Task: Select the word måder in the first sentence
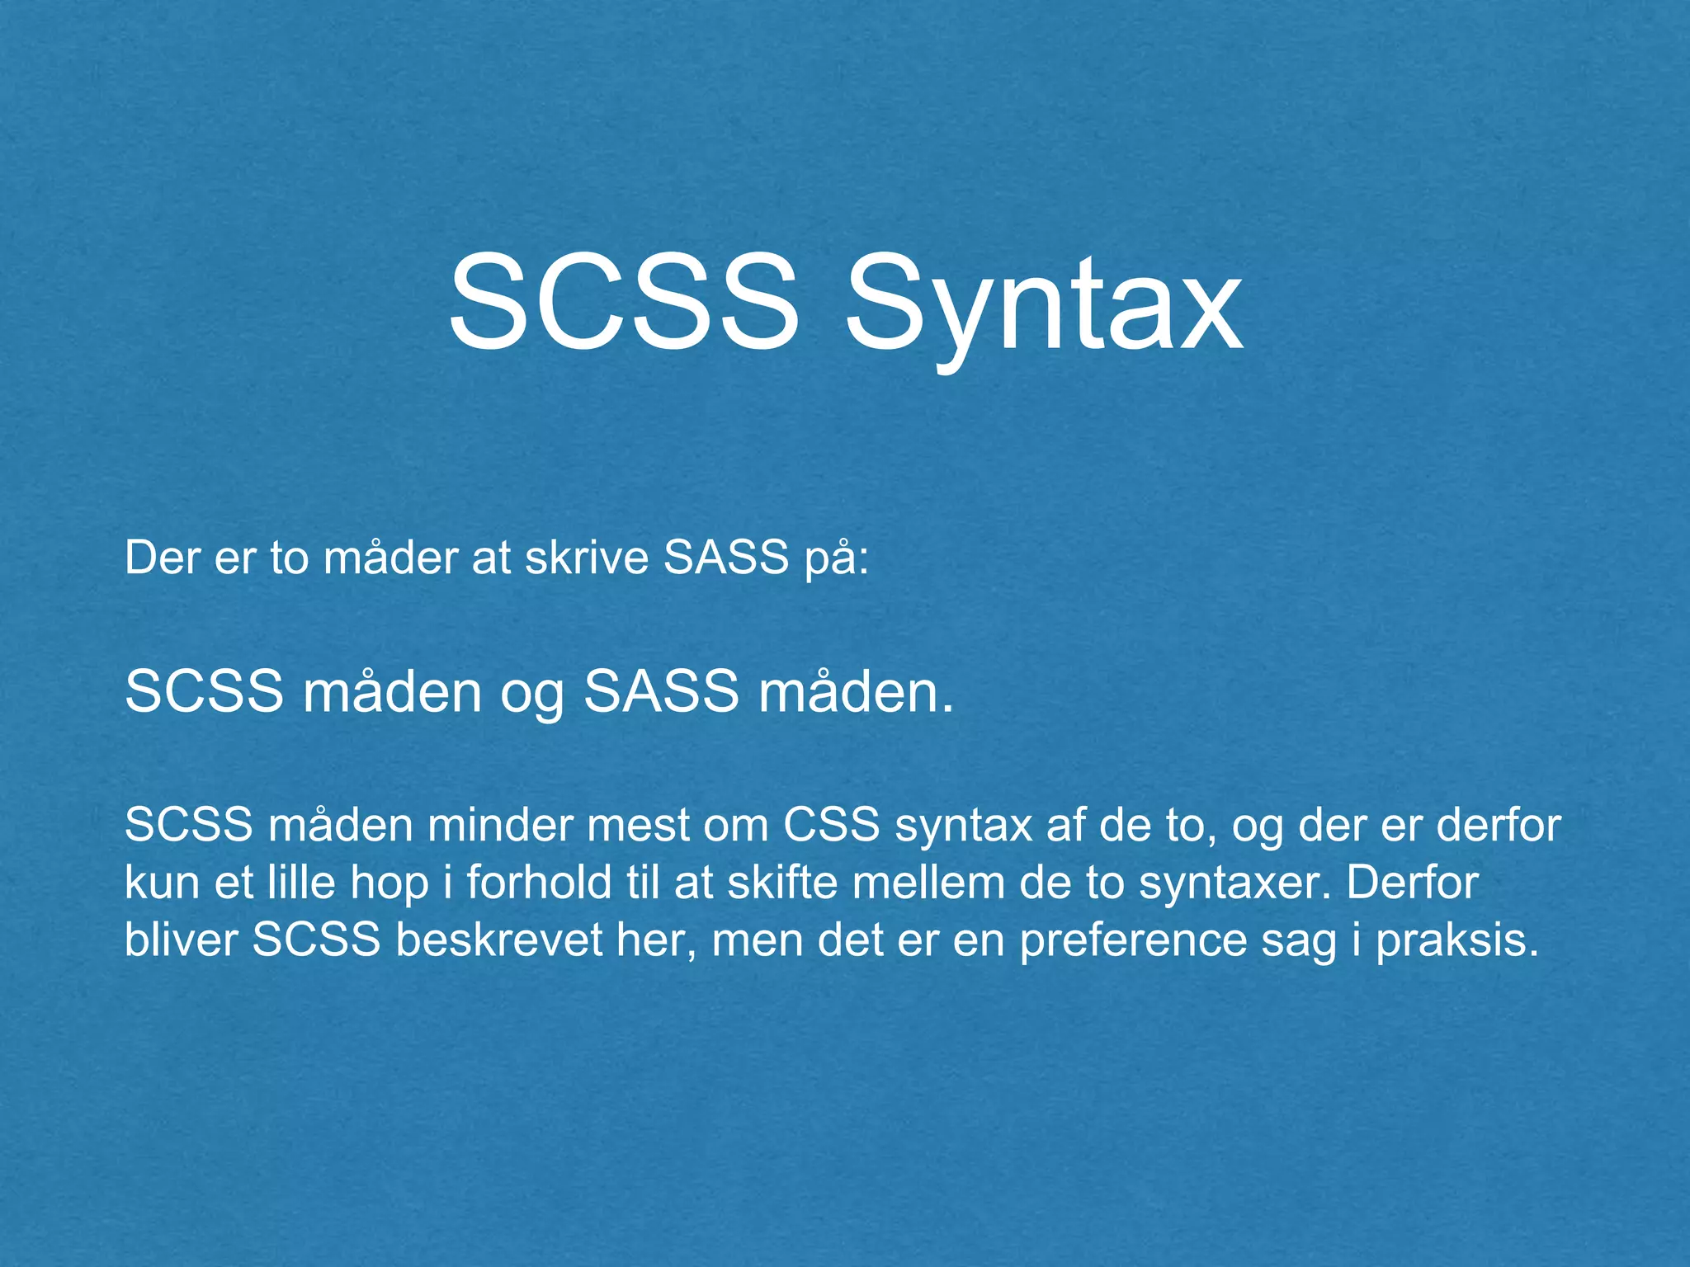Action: (x=390, y=558)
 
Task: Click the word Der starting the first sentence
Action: (x=162, y=558)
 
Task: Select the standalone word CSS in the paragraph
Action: (x=831, y=825)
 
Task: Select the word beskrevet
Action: (x=499, y=940)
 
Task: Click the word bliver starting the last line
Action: (x=181, y=940)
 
